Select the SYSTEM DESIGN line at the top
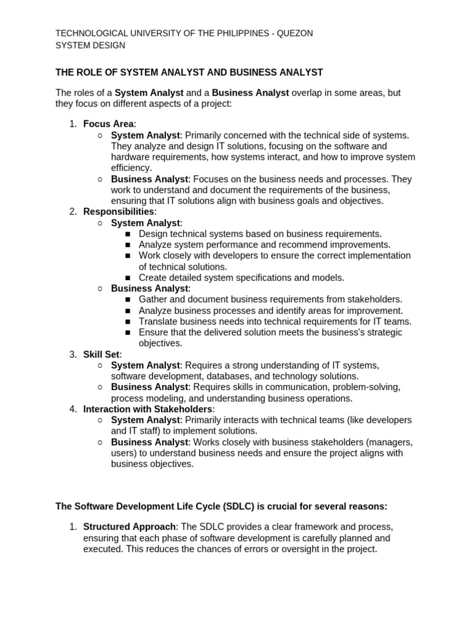coord(90,45)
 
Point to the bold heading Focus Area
coord(108,123)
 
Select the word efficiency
coord(130,168)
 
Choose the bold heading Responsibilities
coord(118,212)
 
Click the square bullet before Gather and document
coord(128,300)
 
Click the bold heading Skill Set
coord(101,354)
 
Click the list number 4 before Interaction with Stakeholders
coord(73,409)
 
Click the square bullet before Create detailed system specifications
coord(128,278)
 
